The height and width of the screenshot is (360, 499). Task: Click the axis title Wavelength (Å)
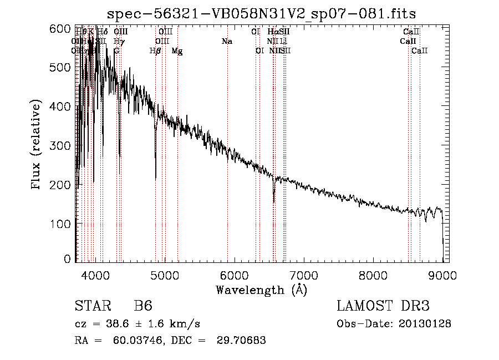point(261,290)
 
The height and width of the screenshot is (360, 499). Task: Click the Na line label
point(227,42)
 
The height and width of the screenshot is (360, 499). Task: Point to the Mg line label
point(177,51)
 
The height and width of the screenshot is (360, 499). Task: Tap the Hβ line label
point(155,51)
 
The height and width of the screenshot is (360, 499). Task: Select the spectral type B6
point(143,306)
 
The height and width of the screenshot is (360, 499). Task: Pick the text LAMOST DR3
point(383,306)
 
